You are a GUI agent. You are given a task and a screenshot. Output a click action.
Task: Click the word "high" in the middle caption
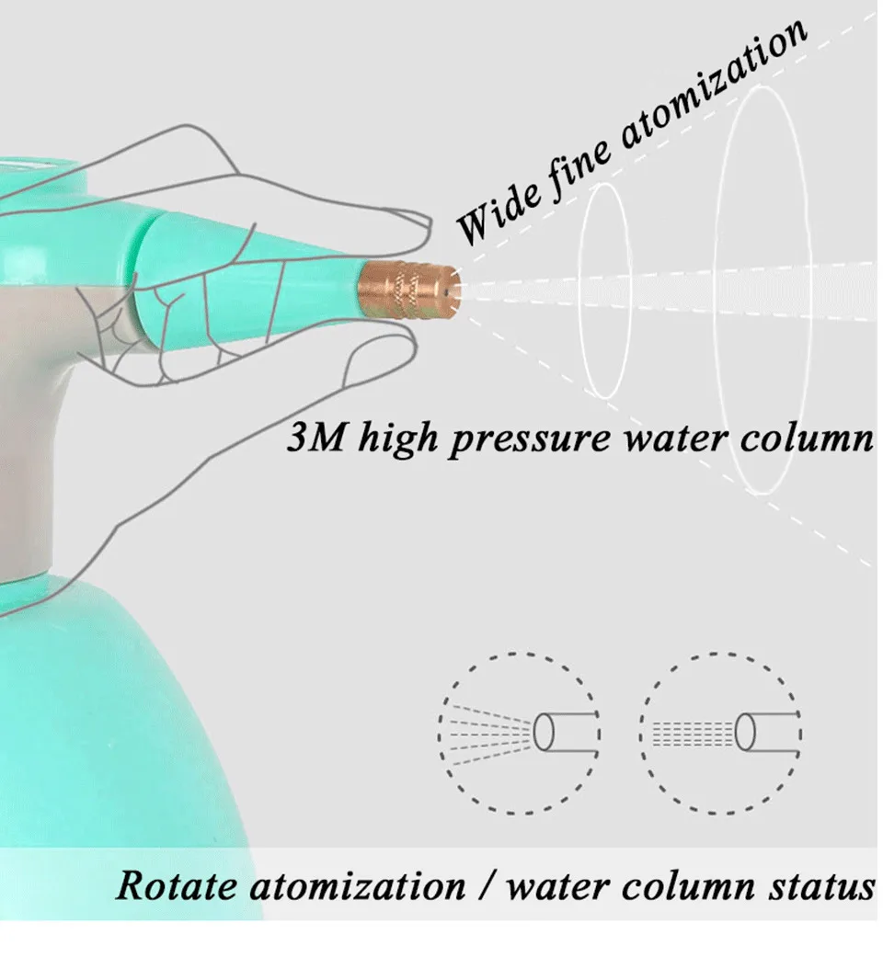[x=397, y=439]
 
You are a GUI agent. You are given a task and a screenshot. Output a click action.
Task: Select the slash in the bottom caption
[x=486, y=886]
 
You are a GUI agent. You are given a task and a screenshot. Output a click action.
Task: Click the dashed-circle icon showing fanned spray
[x=519, y=733]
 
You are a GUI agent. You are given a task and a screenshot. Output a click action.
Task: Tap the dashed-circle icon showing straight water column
[x=720, y=733]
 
